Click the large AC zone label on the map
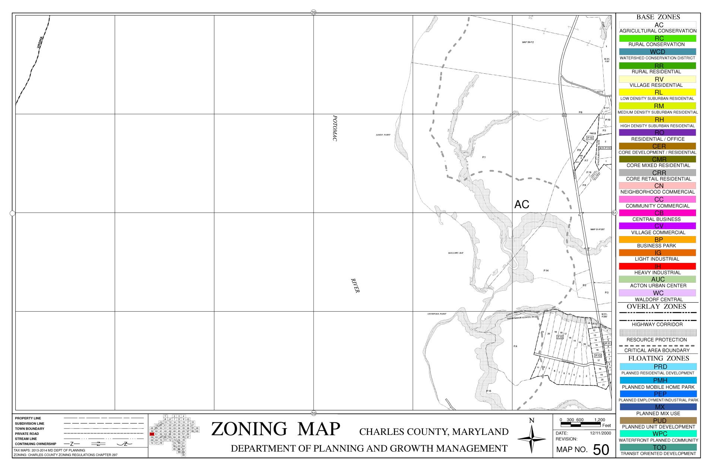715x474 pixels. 521,204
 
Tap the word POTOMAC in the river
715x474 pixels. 335,128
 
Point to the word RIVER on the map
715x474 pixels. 355,286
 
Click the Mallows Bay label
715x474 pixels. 456,253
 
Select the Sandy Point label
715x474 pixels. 383,135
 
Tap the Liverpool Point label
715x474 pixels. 436,314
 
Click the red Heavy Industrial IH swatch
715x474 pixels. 658,266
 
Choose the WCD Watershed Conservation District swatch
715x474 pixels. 658,52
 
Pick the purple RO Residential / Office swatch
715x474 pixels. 658,133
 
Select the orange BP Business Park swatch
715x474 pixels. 658,239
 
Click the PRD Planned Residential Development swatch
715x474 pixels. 658,367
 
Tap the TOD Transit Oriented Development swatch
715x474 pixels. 658,447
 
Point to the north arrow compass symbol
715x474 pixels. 531,439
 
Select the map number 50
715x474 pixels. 601,450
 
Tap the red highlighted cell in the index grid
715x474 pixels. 152,434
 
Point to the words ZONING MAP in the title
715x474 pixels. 276,429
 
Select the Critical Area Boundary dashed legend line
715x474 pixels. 658,346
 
